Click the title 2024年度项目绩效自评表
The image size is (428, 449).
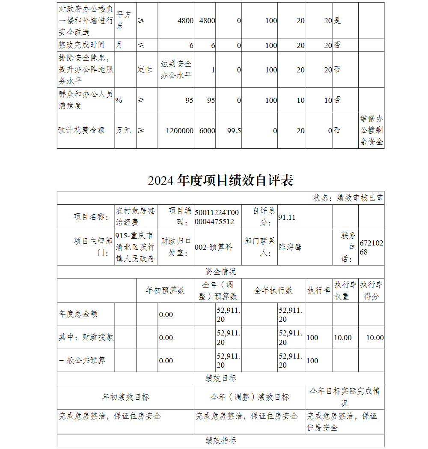click(x=220, y=180)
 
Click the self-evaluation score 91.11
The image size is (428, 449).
click(x=287, y=217)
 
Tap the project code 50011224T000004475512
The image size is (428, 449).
click(x=217, y=217)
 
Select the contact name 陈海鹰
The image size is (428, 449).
click(x=290, y=247)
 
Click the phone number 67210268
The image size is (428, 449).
click(x=371, y=248)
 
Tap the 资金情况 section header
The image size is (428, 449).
click(x=220, y=272)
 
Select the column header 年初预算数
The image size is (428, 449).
click(x=165, y=290)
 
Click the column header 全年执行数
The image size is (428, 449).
click(x=273, y=290)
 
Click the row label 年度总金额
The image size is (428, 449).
click(x=78, y=314)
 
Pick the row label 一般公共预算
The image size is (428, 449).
click(x=82, y=360)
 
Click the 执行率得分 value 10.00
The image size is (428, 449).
click(x=375, y=338)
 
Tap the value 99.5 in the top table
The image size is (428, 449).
click(x=234, y=131)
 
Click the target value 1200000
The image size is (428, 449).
click(x=179, y=131)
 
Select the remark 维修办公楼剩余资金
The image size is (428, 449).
click(x=371, y=130)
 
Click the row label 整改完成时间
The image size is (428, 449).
click(x=81, y=45)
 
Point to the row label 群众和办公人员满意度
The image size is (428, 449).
click(x=85, y=100)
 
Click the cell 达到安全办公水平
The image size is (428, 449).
click(x=176, y=69)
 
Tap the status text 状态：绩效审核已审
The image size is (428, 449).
click(x=348, y=198)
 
